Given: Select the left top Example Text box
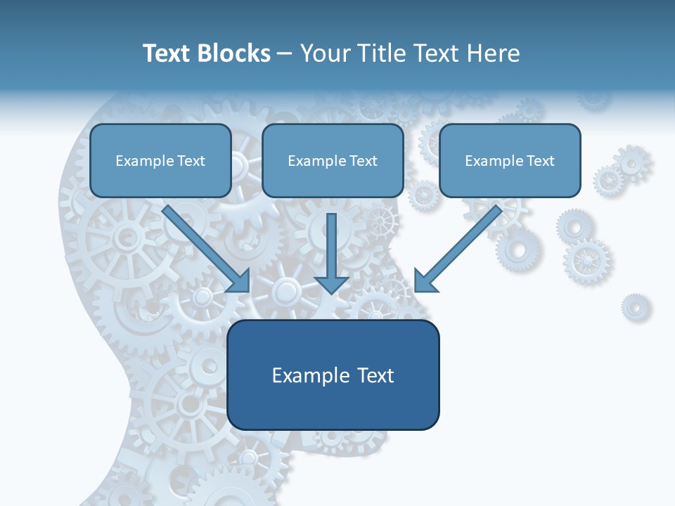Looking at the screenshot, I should coord(160,160).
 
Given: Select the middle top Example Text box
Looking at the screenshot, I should coord(333,160).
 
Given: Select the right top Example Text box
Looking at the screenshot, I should coord(510,160).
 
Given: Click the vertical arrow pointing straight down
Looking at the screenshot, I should coord(331,253).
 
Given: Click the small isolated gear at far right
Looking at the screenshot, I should coord(635,307).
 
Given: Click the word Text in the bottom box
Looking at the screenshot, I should coord(375,375).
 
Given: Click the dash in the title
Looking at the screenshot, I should coord(285,53).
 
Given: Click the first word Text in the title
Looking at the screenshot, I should coord(167,53).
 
